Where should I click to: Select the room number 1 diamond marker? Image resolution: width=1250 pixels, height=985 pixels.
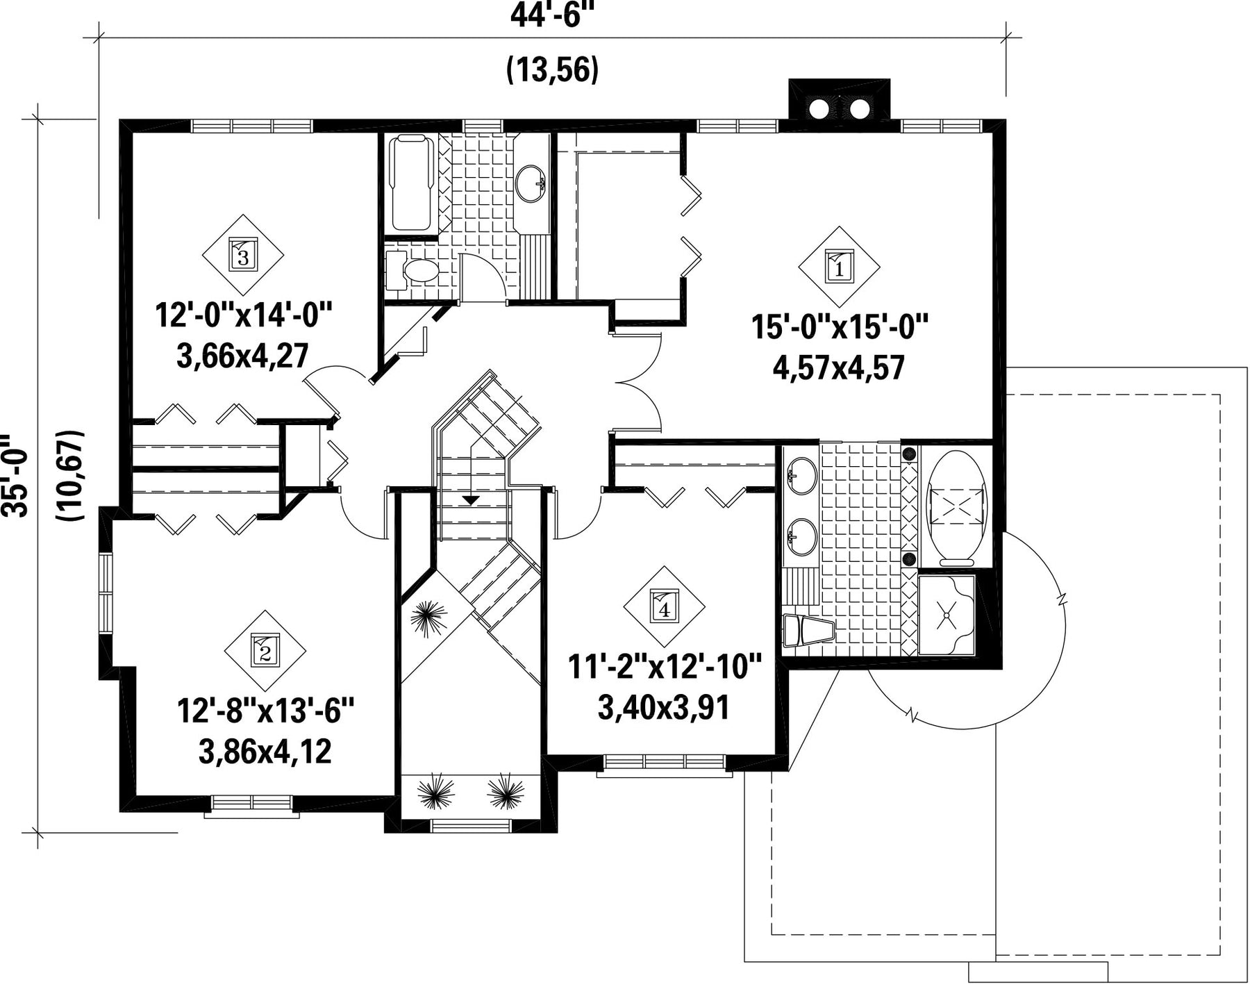(x=839, y=267)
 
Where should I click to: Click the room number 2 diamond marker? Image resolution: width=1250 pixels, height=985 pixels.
(x=265, y=651)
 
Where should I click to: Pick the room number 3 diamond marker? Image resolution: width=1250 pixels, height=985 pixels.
(x=243, y=255)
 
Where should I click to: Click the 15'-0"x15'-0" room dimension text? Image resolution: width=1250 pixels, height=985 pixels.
(x=840, y=326)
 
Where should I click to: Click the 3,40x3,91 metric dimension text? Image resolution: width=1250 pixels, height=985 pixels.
(x=664, y=708)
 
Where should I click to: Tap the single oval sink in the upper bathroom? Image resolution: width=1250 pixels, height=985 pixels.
(x=531, y=183)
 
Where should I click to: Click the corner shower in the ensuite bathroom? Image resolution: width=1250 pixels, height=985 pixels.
(x=947, y=615)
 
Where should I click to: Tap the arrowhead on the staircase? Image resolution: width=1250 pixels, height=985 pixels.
(x=471, y=499)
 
